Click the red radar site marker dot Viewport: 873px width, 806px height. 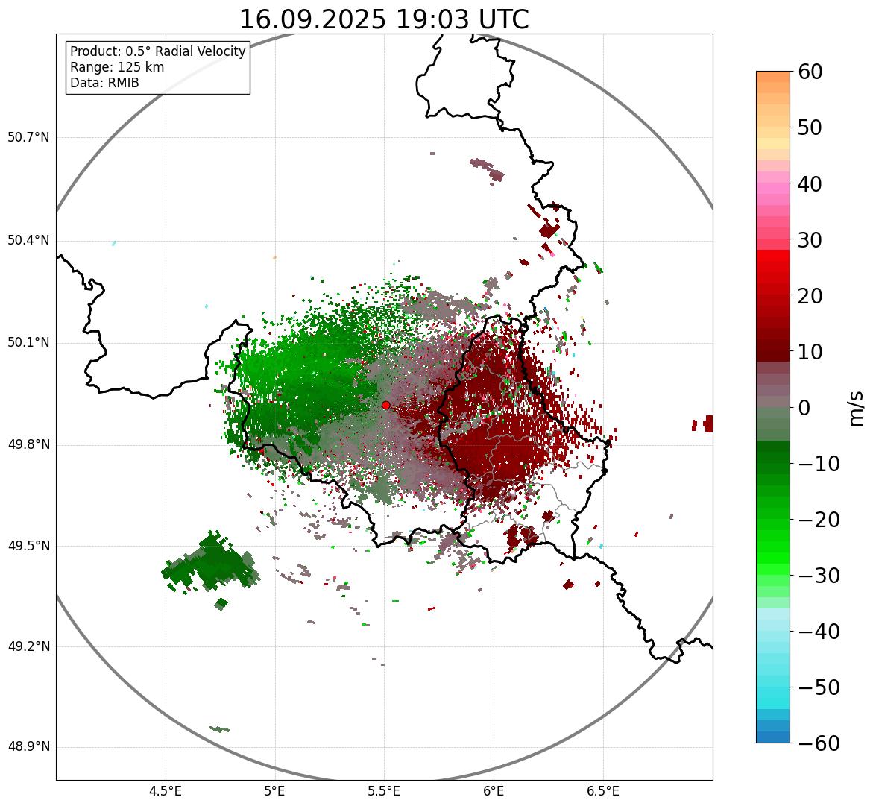[385, 405]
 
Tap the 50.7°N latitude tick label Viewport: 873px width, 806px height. [28, 138]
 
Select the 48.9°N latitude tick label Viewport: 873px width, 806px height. [28, 747]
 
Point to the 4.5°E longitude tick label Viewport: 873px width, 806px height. [166, 790]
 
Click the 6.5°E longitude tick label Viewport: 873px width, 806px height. [603, 790]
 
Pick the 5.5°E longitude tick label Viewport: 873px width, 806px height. [385, 790]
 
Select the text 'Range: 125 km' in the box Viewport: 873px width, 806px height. [117, 67]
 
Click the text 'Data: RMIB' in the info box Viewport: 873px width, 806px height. [104, 83]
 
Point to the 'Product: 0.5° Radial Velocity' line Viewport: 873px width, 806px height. [157, 51]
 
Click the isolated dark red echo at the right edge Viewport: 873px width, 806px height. [707, 424]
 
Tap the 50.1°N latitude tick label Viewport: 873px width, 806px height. [28, 343]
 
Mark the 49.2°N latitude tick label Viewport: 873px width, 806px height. [28, 646]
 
